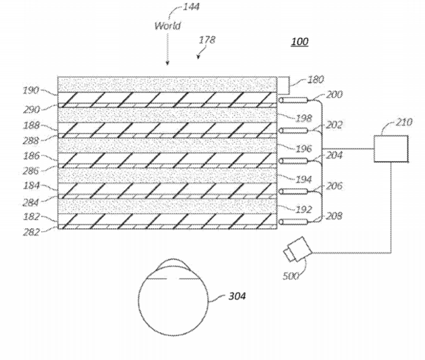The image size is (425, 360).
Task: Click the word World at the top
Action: [x=167, y=26]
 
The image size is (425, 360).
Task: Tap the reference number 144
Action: [x=191, y=7]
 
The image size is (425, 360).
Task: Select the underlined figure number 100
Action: [x=300, y=42]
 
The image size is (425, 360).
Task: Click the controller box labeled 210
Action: [x=391, y=149]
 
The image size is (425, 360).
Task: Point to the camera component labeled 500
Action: [x=297, y=249]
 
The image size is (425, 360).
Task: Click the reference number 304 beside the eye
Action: [x=237, y=296]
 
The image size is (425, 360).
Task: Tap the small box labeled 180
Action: [x=283, y=84]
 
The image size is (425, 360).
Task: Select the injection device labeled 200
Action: [x=294, y=100]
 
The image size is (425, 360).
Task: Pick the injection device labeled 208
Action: [x=294, y=222]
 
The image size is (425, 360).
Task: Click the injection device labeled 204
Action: [x=294, y=161]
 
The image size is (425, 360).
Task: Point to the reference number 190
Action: [x=31, y=90]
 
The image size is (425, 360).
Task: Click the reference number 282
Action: [x=31, y=232]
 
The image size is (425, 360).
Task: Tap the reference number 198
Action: [x=303, y=118]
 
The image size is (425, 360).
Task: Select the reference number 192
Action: [x=303, y=210]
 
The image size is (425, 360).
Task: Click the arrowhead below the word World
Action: [x=167, y=63]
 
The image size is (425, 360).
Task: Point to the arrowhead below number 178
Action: [x=198, y=56]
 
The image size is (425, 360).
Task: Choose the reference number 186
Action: [x=31, y=156]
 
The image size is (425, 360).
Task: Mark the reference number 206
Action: [x=334, y=186]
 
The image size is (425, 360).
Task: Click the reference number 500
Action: [x=291, y=276]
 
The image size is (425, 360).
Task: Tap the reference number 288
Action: [x=31, y=141]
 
